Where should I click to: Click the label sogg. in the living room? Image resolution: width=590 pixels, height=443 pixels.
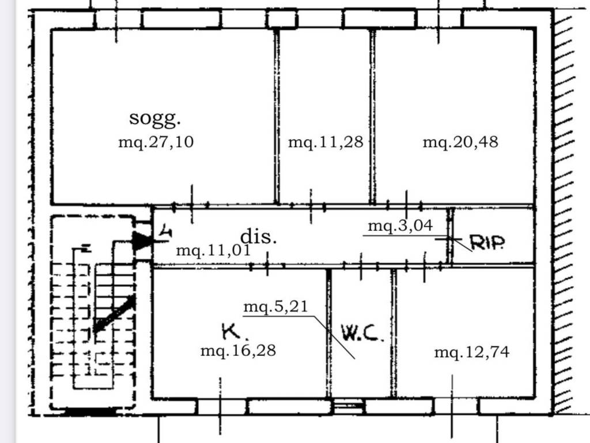154,119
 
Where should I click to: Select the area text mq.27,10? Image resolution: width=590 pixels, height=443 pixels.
156,142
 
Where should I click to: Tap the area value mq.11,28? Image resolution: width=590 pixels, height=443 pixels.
326,142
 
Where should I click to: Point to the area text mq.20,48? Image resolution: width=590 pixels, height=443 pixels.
460,142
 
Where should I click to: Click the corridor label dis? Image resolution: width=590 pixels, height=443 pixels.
259,236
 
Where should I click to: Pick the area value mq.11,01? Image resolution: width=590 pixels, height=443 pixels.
213,250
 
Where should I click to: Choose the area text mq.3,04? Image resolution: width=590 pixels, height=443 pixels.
400,226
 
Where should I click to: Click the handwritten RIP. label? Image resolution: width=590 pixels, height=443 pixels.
487,243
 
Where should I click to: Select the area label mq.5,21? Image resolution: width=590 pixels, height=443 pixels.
276,306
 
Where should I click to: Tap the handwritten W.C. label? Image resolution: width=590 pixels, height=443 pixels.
362,333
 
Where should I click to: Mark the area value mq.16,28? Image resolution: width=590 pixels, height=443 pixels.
238,351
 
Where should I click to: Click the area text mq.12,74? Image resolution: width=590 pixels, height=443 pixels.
472,352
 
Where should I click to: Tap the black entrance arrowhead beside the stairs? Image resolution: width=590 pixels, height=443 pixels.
142,241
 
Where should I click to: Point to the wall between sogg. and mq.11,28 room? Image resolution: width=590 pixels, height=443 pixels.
277,117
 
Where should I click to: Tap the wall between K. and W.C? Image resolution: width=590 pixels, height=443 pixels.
329,333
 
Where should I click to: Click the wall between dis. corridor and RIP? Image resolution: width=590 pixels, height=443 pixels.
450,236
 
